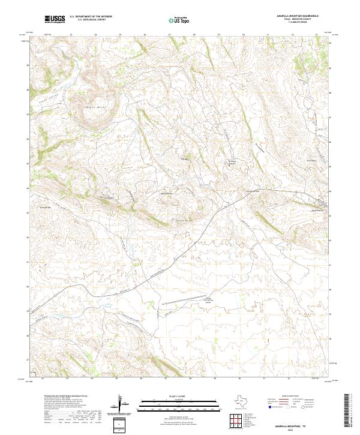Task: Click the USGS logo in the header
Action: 55,20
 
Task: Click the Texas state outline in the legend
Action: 248,401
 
